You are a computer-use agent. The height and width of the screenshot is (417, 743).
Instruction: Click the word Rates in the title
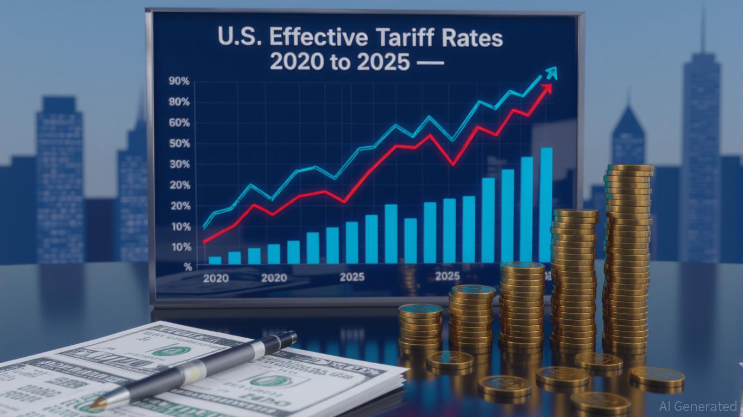coord(476,39)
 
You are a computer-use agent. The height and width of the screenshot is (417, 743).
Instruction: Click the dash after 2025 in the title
coord(430,64)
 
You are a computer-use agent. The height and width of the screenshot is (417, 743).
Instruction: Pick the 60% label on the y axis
coord(179,123)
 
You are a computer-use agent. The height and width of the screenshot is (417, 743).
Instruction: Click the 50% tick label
coord(179,144)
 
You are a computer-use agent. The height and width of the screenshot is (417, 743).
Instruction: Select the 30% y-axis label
coord(179,165)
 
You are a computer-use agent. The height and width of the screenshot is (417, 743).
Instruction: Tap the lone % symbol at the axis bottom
coord(188,267)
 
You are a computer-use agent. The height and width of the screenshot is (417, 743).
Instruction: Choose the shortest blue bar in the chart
coord(215,260)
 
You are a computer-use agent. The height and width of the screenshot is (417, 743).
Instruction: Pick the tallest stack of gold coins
coord(628,255)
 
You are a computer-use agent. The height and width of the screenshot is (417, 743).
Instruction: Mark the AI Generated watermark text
coord(698,406)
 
